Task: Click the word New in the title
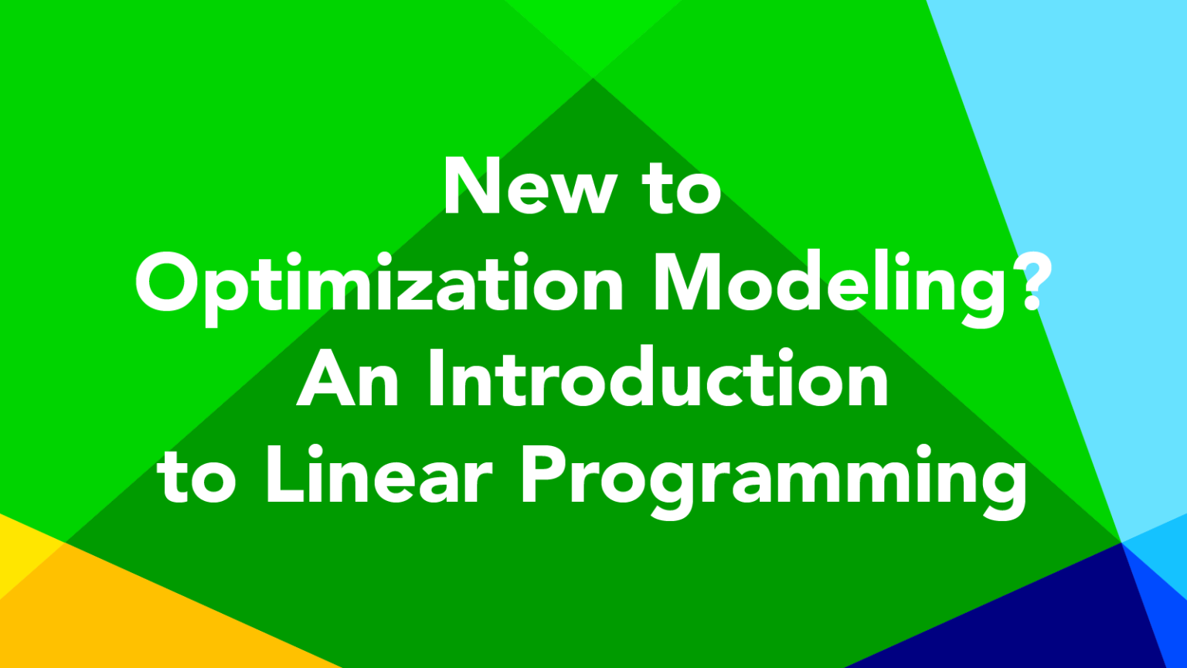531,186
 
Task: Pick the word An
348,377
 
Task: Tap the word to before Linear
196,476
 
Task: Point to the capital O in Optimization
169,283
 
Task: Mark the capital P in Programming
545,473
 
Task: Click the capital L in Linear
285,473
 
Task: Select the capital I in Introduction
436,377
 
